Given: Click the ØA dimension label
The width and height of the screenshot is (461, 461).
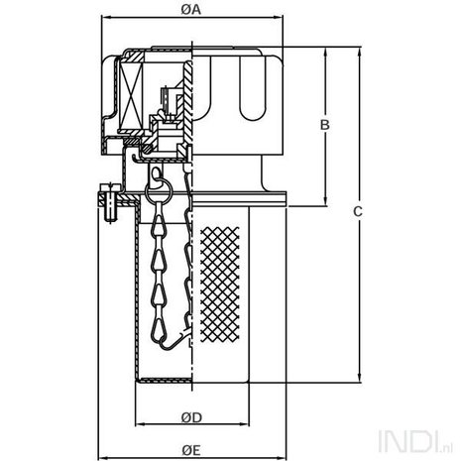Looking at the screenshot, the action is (x=191, y=10).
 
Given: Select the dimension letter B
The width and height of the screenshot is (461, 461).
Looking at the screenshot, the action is (x=325, y=125).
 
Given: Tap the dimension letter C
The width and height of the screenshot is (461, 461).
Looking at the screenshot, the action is (x=358, y=211).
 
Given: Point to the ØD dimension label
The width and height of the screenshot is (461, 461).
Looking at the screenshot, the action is (x=191, y=417).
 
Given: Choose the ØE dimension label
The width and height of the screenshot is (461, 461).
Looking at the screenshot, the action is (x=191, y=450).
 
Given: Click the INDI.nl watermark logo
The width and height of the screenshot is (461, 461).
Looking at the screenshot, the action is (x=416, y=441).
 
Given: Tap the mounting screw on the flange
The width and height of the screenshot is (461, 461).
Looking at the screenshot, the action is (x=110, y=202).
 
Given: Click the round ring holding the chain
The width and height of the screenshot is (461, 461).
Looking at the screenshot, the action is (x=159, y=191).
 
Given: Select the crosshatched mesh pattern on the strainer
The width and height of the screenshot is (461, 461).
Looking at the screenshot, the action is (x=220, y=285).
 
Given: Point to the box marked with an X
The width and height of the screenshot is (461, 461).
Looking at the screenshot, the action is (x=131, y=97).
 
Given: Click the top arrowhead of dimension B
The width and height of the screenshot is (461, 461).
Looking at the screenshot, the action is (x=325, y=52).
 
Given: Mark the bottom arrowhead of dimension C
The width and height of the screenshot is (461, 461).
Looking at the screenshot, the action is (x=360, y=379).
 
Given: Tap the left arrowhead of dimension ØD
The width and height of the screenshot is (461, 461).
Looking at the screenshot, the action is (x=140, y=424).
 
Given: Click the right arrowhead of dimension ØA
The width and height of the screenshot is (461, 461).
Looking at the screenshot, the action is (x=279, y=17).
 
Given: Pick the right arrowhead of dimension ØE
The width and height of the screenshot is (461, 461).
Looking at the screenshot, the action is (x=282, y=458).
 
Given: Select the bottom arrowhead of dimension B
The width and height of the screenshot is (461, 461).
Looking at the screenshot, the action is (x=325, y=202).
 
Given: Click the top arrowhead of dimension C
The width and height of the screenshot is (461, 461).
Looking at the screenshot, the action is (x=360, y=52).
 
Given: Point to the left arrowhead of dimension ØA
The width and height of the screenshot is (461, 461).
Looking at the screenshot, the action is (x=106, y=17).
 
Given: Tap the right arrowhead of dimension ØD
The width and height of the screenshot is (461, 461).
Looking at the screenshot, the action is (x=245, y=424).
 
